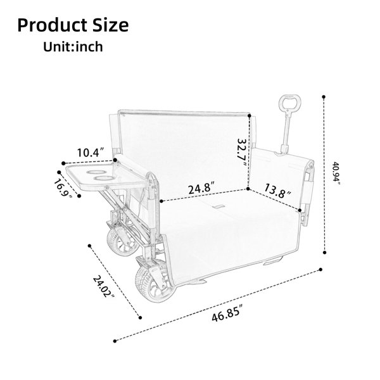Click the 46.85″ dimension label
click(x=227, y=313)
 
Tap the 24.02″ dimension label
click(x=104, y=286)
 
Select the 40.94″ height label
click(x=336, y=173)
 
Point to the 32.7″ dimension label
click(x=242, y=152)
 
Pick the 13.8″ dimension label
click(x=277, y=191)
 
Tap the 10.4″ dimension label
click(x=91, y=153)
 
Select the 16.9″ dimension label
click(x=63, y=188)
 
